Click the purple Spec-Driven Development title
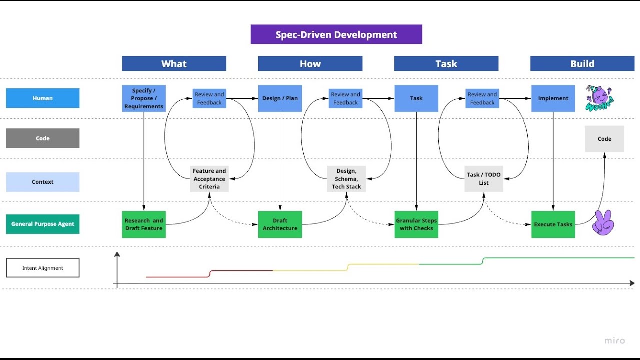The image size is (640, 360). point(336,35)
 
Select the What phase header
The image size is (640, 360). point(174,64)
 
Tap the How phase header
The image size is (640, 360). point(310,64)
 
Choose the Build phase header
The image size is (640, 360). point(582,64)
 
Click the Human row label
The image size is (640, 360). point(43,98)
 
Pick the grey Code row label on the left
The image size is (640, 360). point(43,138)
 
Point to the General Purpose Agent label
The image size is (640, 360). point(43,224)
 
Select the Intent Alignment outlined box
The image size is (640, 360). point(43,268)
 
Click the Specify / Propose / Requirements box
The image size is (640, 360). point(144,98)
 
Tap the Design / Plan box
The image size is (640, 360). point(280,98)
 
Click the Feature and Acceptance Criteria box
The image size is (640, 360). point(209,179)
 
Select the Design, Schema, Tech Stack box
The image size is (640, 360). point(346,179)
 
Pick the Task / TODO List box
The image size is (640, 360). point(483,179)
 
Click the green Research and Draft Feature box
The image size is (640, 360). point(144,224)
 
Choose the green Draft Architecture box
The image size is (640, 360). point(280,224)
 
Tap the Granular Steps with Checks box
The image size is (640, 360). point(416,224)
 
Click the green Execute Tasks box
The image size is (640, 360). point(553,224)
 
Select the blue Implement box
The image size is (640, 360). point(553,98)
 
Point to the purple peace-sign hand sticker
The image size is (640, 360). point(603,222)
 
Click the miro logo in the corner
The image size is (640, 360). point(614,341)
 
